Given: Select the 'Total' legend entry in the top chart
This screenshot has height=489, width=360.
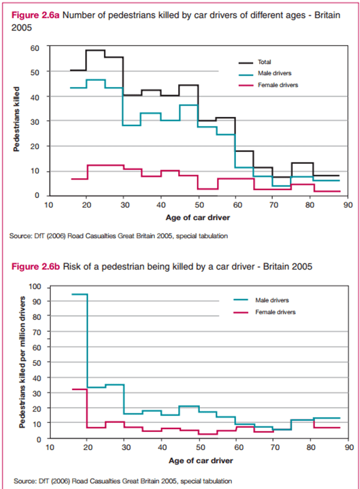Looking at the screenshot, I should pyautogui.click(x=264, y=62).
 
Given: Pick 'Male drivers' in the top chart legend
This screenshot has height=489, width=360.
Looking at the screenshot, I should pyautogui.click(x=275, y=73).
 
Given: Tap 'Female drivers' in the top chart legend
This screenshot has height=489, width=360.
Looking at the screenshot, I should pyautogui.click(x=278, y=85).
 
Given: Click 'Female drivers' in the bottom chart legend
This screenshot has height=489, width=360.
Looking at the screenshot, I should pyautogui.click(x=275, y=312).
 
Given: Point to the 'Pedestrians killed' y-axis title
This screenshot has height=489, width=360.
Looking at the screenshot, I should pyautogui.click(x=17, y=119).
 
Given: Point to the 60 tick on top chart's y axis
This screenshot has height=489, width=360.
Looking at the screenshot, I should pyautogui.click(x=35, y=47).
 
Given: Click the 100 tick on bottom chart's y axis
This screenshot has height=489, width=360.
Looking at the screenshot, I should pyautogui.click(x=34, y=287).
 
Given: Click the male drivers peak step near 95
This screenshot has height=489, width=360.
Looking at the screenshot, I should pyautogui.click(x=79, y=295).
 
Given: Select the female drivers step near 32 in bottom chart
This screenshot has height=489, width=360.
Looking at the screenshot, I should pyautogui.click(x=79, y=389).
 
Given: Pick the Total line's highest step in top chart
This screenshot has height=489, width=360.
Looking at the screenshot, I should pyautogui.click(x=96, y=50).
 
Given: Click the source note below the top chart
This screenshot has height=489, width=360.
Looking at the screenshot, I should pyautogui.click(x=119, y=236).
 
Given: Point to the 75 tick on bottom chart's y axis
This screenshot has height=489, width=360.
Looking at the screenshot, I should pyautogui.click(x=35, y=325).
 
